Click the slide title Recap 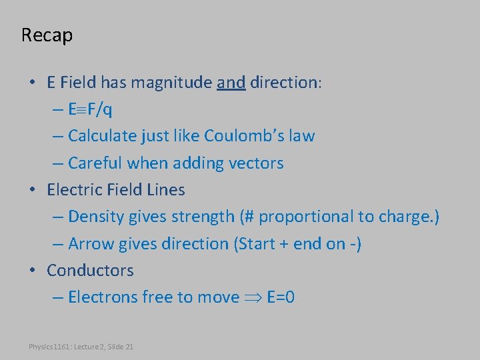tap(47, 35)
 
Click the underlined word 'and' tap(231, 83)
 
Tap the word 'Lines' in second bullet tap(166, 189)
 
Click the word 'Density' tap(95, 217)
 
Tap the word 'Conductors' tap(90, 271)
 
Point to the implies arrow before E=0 tap(253, 297)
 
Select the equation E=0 tap(280, 297)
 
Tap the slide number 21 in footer tap(129, 347)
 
